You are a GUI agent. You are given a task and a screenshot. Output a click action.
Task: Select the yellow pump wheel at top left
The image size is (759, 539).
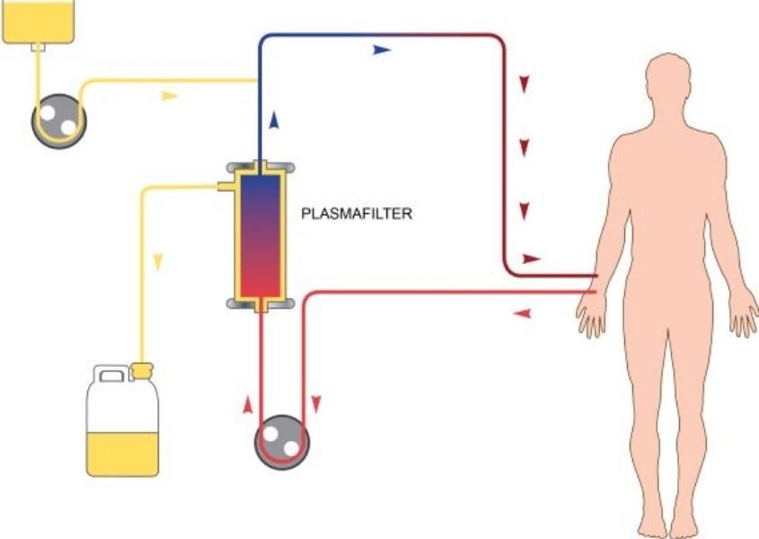click(55, 119)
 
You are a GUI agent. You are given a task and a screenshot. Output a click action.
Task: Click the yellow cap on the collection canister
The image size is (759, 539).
click(143, 368)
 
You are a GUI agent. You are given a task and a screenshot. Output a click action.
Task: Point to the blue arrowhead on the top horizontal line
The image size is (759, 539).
click(383, 50)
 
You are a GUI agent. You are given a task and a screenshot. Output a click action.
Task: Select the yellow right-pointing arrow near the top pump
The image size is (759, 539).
click(170, 94)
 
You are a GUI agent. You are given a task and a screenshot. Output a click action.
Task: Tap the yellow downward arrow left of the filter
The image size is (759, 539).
click(158, 261)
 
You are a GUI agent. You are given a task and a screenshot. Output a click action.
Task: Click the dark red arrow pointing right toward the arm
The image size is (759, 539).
click(532, 258)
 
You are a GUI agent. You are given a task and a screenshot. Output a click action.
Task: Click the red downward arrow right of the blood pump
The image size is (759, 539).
click(316, 405)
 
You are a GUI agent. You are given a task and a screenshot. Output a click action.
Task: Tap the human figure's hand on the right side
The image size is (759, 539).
click(745, 318)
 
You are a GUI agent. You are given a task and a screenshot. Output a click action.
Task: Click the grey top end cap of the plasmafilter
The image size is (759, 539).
click(260, 167)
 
